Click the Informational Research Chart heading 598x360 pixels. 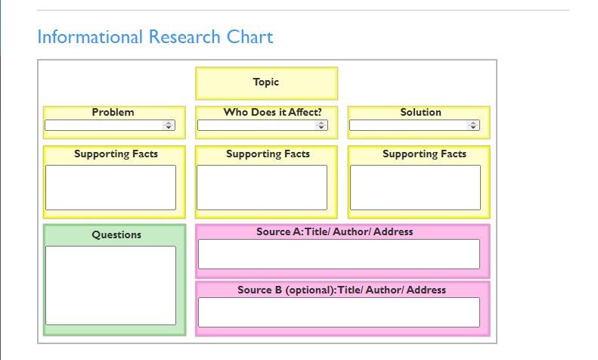coord(155,37)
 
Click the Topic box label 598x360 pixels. coord(266,82)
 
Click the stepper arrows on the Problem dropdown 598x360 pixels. coord(169,126)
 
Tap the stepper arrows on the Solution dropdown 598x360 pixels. coord(473,126)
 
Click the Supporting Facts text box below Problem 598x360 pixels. coord(110,188)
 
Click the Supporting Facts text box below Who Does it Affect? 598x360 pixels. coord(262,188)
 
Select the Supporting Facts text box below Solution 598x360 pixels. coord(415,188)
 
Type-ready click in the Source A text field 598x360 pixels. coord(339,254)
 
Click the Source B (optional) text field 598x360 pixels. coord(339,312)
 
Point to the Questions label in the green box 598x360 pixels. coord(116,235)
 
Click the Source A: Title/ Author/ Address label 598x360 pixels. coord(335,231)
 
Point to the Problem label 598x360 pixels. coord(113,113)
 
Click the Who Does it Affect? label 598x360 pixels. coord(272,113)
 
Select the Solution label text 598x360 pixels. coord(420,113)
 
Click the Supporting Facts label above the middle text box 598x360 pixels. coord(268,154)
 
